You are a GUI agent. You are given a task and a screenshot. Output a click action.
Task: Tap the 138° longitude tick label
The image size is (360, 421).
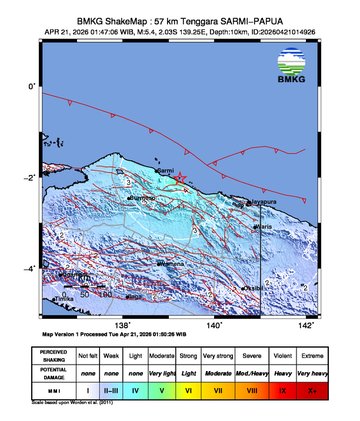pos(123,325)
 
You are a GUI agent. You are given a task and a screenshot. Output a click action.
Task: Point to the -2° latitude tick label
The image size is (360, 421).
pos(30,178)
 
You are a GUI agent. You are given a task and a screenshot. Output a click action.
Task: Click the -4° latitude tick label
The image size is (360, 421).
pos(30,269)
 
